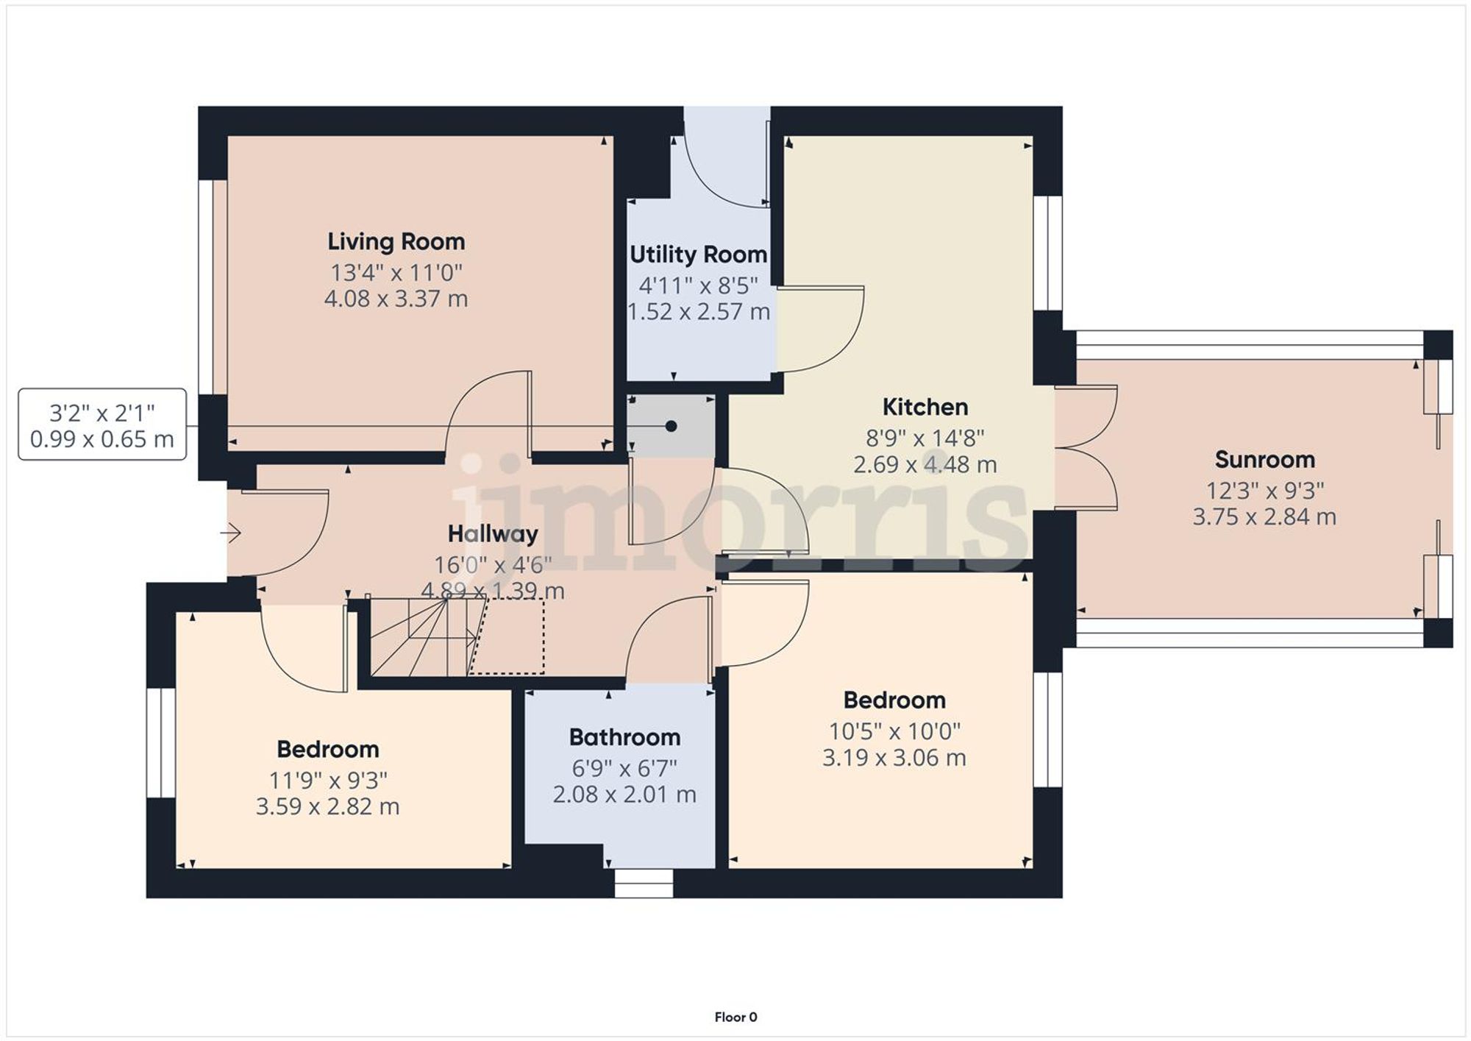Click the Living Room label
click(x=396, y=242)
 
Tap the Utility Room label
click(x=698, y=255)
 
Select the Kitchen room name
click(x=925, y=407)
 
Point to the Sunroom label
click(x=1264, y=460)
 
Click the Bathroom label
click(x=624, y=737)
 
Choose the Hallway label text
click(x=493, y=534)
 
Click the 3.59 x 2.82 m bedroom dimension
click(x=327, y=806)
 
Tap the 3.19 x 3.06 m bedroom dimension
click(x=894, y=758)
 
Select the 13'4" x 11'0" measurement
click(x=396, y=273)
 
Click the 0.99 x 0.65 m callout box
click(x=102, y=424)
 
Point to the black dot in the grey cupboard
click(x=671, y=426)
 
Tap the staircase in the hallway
click(x=419, y=636)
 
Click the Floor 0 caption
click(x=735, y=1017)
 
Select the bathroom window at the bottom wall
click(x=644, y=883)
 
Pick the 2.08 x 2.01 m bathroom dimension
click(x=624, y=795)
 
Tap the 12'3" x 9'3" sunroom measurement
click(x=1264, y=491)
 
